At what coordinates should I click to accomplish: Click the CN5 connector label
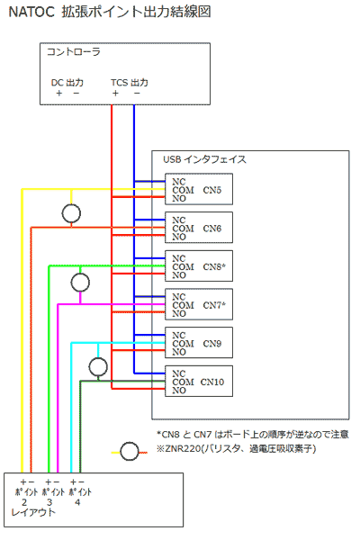pyautogui.click(x=211, y=190)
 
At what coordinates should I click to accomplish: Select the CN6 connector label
pyautogui.click(x=211, y=229)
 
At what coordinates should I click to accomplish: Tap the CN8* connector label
pyautogui.click(x=214, y=267)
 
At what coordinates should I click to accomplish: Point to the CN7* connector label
pyautogui.click(x=214, y=305)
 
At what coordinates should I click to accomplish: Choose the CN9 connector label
pyautogui.click(x=211, y=344)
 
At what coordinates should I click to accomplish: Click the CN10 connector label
pyautogui.click(x=211, y=382)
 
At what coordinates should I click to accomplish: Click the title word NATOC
pyautogui.click(x=31, y=13)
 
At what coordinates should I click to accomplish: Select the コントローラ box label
pyautogui.click(x=74, y=52)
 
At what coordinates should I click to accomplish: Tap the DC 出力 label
pyautogui.click(x=67, y=83)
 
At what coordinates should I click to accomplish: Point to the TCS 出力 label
pyautogui.click(x=130, y=83)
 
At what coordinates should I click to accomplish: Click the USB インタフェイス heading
pyautogui.click(x=204, y=159)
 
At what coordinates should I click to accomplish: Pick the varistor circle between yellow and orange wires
pyautogui.click(x=71, y=213)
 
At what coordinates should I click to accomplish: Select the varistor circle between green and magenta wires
pyautogui.click(x=80, y=283)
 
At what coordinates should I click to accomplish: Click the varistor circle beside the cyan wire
pyautogui.click(x=98, y=367)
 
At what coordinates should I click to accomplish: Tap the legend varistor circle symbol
pyautogui.click(x=130, y=452)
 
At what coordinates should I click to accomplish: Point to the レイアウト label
pyautogui.click(x=33, y=512)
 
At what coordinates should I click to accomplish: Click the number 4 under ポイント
pyautogui.click(x=77, y=502)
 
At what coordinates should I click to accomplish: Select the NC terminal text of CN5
pyautogui.click(x=179, y=182)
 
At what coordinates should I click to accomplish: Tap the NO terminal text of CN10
pyautogui.click(x=179, y=391)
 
